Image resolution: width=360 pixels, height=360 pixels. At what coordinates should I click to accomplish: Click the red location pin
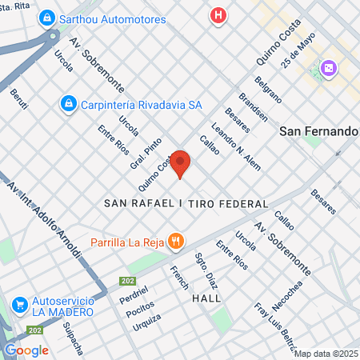pos(181,163)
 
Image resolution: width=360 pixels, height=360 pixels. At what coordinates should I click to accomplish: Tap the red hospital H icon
pos(217,15)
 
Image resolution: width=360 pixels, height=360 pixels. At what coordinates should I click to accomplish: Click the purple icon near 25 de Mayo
pos(328,70)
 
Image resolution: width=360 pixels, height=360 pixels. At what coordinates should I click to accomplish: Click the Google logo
pos(26,350)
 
